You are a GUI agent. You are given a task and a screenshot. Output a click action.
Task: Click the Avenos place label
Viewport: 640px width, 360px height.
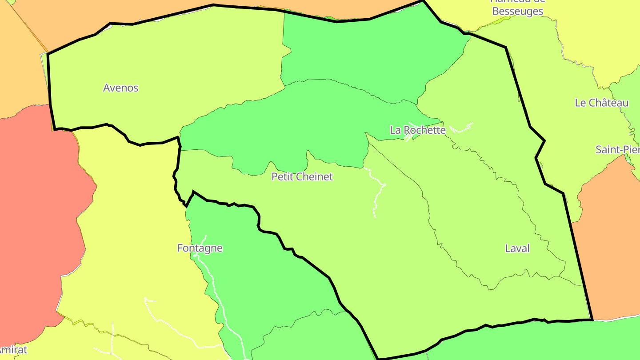point(120,88)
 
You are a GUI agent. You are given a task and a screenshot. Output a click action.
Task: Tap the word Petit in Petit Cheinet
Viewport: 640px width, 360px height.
point(282,177)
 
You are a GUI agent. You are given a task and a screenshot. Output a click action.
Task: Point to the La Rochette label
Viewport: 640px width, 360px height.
point(417,130)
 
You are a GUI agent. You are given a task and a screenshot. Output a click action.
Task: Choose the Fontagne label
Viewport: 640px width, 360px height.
point(200,248)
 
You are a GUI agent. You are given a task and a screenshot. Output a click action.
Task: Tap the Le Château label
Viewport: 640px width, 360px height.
point(601,103)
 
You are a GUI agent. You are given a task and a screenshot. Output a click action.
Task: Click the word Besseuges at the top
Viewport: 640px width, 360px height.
point(518,12)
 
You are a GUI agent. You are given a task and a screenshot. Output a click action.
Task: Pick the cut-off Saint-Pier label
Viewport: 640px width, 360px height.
point(618,149)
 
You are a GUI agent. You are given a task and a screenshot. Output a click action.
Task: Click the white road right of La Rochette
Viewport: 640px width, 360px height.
point(461,129)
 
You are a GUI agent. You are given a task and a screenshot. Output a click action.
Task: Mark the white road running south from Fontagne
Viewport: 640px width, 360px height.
point(213,284)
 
